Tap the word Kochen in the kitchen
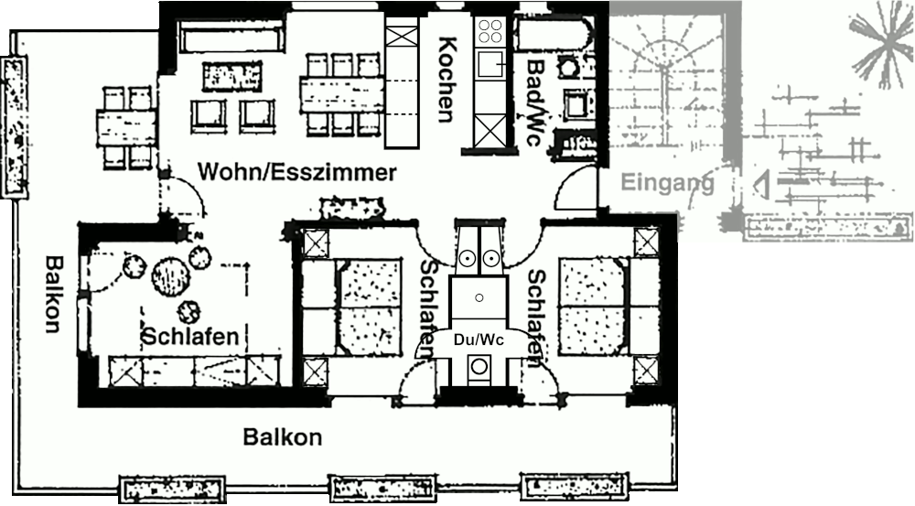point(447,79)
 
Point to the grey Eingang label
point(667,183)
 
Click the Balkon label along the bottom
point(283,437)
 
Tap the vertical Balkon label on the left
point(53,293)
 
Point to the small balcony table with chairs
point(127,126)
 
